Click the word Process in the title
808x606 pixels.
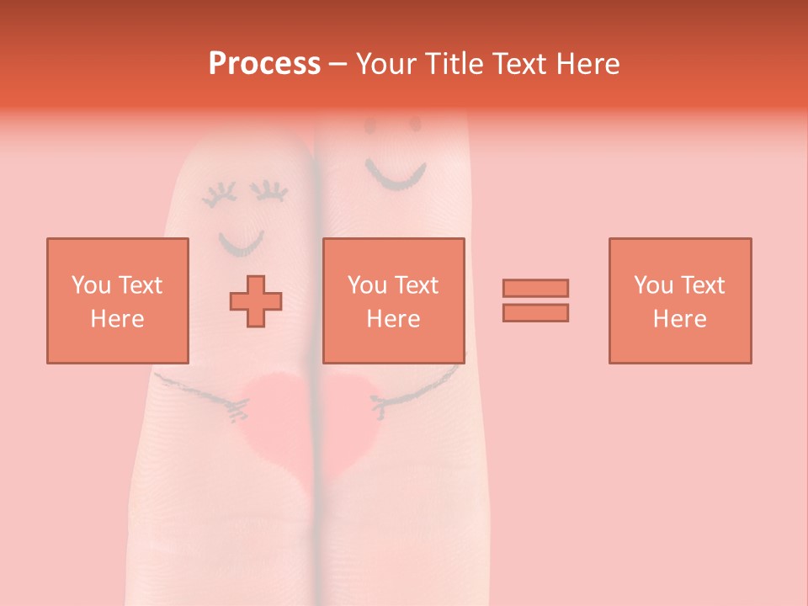264,64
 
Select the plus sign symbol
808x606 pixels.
256,301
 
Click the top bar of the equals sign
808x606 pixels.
535,288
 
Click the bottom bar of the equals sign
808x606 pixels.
535,313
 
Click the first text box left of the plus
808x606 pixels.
118,300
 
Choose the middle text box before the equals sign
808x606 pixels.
394,300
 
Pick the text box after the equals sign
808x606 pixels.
680,300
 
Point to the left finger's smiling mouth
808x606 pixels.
241,247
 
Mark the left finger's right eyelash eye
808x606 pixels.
271,192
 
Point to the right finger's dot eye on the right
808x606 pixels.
415,125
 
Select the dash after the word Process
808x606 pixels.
338,64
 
